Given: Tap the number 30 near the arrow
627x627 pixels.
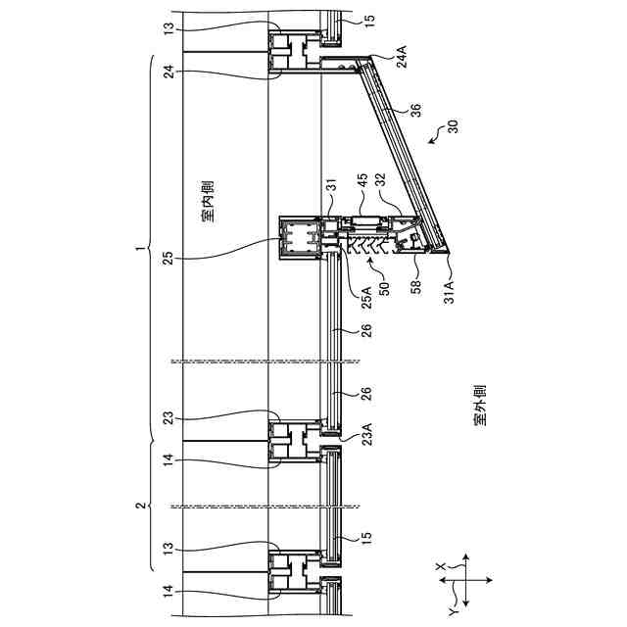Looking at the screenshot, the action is tap(452, 126).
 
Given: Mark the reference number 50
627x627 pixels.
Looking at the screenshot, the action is tap(384, 287).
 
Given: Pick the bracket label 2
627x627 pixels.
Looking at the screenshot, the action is tap(138, 505).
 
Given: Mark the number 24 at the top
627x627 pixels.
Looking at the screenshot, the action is tap(168, 71).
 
